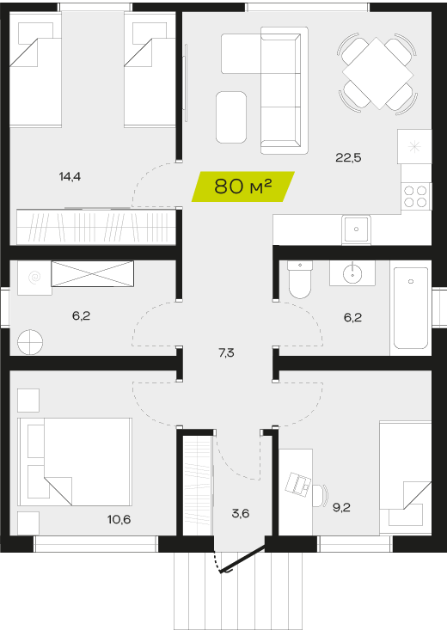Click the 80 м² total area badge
242,187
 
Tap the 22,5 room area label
348,158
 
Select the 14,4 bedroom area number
70,176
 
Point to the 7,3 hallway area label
226,352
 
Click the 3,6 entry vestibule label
241,513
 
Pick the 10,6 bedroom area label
119,519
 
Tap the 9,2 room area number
341,507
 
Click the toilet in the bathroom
300,279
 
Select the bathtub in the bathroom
411,309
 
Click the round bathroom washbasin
352,273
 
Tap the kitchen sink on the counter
356,229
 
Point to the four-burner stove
416,196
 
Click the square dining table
378,74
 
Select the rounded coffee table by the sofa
231,117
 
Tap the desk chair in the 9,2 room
321,495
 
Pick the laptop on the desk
298,484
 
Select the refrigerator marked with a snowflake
414,147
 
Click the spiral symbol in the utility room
34,278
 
